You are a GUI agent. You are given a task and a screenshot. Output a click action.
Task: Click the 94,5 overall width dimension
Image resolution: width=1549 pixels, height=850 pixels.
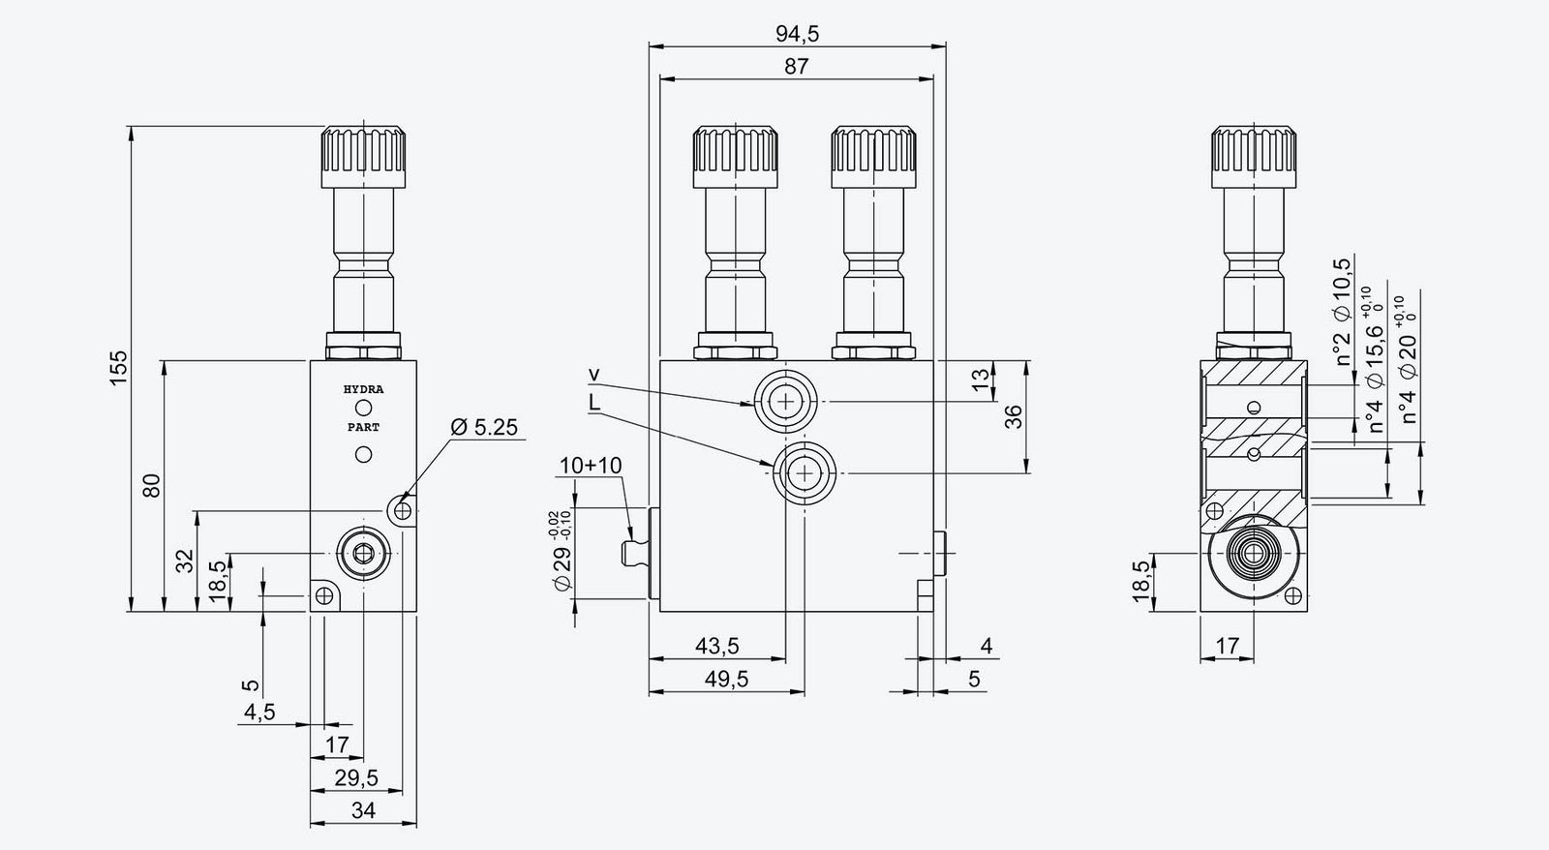pyautogui.click(x=797, y=34)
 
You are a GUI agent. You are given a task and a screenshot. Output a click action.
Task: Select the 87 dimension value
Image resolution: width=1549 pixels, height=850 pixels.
pyautogui.click(x=797, y=67)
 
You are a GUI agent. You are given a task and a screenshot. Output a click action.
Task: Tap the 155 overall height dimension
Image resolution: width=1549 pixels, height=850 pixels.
pyautogui.click(x=118, y=369)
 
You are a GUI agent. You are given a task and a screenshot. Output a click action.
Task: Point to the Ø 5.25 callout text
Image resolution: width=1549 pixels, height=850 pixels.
pyautogui.click(x=484, y=426)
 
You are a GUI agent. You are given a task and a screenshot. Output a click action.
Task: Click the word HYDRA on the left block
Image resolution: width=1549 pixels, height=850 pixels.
pyautogui.click(x=363, y=390)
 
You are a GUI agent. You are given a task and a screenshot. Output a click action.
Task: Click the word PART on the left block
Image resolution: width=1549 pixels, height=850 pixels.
pyautogui.click(x=363, y=427)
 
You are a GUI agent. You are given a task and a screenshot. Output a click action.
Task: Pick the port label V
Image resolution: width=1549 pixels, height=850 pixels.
pyautogui.click(x=594, y=375)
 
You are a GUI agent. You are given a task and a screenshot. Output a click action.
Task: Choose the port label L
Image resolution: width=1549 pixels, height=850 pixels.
pyautogui.click(x=593, y=401)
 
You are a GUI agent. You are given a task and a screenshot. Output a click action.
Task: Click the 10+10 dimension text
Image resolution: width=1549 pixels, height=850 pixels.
pyautogui.click(x=591, y=466)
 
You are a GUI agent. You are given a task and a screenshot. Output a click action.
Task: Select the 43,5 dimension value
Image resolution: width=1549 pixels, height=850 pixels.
pyautogui.click(x=717, y=646)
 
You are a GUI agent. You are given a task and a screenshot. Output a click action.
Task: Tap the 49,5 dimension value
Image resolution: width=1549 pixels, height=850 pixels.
pyautogui.click(x=726, y=679)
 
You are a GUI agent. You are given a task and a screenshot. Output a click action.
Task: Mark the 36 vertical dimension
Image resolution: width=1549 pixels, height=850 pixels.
pyautogui.click(x=1013, y=417)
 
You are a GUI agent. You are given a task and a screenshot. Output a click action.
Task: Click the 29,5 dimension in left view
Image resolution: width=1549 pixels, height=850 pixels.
pyautogui.click(x=355, y=777)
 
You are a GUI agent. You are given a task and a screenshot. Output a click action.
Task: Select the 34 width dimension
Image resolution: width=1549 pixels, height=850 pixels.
pyautogui.click(x=363, y=810)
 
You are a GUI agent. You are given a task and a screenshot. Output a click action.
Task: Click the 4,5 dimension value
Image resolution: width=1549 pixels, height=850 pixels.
pyautogui.click(x=258, y=713)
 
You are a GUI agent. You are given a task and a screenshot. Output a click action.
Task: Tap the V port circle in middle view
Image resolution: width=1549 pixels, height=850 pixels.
pyautogui.click(x=785, y=400)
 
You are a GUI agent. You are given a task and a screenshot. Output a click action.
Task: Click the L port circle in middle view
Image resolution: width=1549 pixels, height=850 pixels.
pyautogui.click(x=803, y=471)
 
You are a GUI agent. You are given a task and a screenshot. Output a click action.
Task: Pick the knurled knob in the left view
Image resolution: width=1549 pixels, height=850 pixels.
pyautogui.click(x=363, y=156)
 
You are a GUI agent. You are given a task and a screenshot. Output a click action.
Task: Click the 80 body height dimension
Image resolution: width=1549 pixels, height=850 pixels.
pyautogui.click(x=151, y=485)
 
